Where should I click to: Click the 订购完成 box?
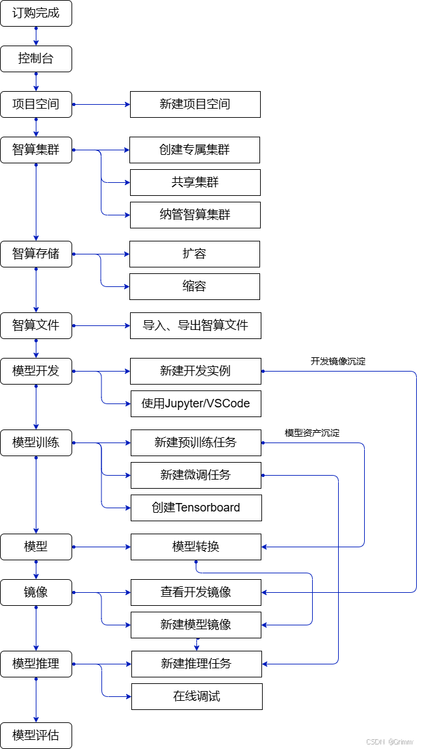point(36,13)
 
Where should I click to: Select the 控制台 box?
point(36,59)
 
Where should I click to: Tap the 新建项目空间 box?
point(195,104)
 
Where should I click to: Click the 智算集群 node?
point(36,150)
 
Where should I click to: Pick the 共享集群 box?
point(195,182)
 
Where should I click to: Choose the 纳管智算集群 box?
point(195,215)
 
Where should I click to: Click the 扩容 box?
point(194,254)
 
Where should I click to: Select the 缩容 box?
point(194,286)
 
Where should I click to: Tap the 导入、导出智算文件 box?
point(195,325)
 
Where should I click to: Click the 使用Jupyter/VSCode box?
point(196,403)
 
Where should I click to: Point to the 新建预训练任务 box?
point(196,443)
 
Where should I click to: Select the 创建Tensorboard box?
point(196,508)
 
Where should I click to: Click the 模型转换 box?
point(196,547)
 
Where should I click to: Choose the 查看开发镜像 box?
point(196,592)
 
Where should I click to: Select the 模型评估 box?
point(36,735)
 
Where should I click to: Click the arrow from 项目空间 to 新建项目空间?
point(101,104)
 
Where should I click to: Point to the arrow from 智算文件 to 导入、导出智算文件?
point(101,325)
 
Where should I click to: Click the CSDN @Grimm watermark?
point(389,741)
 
